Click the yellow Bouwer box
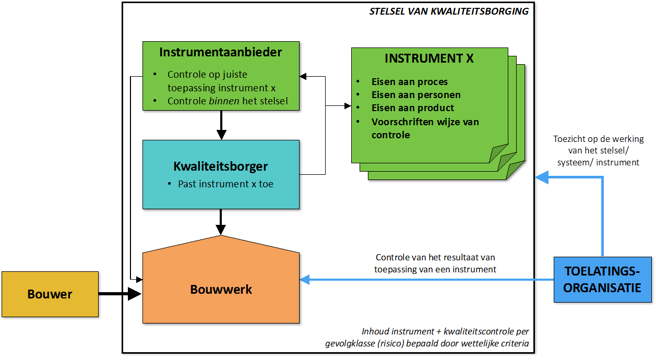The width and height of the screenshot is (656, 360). pyautogui.click(x=50, y=294)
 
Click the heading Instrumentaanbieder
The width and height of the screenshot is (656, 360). pyautogui.click(x=221, y=52)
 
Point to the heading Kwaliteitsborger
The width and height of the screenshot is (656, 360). pyautogui.click(x=221, y=166)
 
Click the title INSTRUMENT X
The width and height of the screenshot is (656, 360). pyautogui.click(x=429, y=58)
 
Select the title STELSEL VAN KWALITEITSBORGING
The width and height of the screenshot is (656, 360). pyautogui.click(x=448, y=11)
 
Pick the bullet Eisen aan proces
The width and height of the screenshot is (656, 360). pyautogui.click(x=409, y=82)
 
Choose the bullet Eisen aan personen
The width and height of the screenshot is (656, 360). pyautogui.click(x=416, y=95)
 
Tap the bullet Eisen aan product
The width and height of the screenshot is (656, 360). pyautogui.click(x=412, y=108)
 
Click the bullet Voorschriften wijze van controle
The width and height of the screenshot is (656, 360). pyautogui.click(x=425, y=128)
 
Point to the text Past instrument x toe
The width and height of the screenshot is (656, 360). pyautogui.click(x=225, y=184)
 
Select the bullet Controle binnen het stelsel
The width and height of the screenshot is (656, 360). pyautogui.click(x=227, y=101)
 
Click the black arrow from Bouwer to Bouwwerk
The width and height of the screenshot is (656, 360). pyautogui.click(x=120, y=294)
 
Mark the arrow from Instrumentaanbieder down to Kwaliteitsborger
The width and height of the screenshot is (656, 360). pyautogui.click(x=221, y=125)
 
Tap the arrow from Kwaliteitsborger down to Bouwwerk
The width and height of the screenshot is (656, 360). pyautogui.click(x=221, y=222)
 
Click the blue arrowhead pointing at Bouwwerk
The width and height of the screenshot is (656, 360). pyautogui.click(x=305, y=280)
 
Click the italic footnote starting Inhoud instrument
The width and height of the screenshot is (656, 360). pyautogui.click(x=445, y=338)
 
